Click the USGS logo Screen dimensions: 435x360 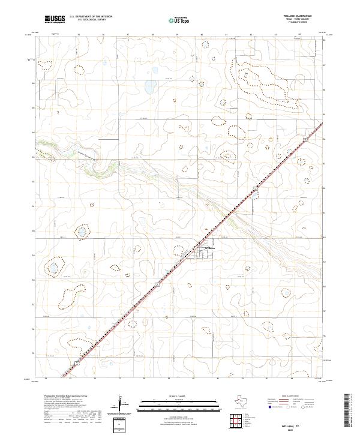tap(54, 19)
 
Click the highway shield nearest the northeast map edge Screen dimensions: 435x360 tap(305, 139)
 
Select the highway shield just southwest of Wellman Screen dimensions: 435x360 tap(156, 282)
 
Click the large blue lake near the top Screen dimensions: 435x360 tap(148, 91)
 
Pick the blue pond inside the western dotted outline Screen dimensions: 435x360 tap(54, 268)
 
